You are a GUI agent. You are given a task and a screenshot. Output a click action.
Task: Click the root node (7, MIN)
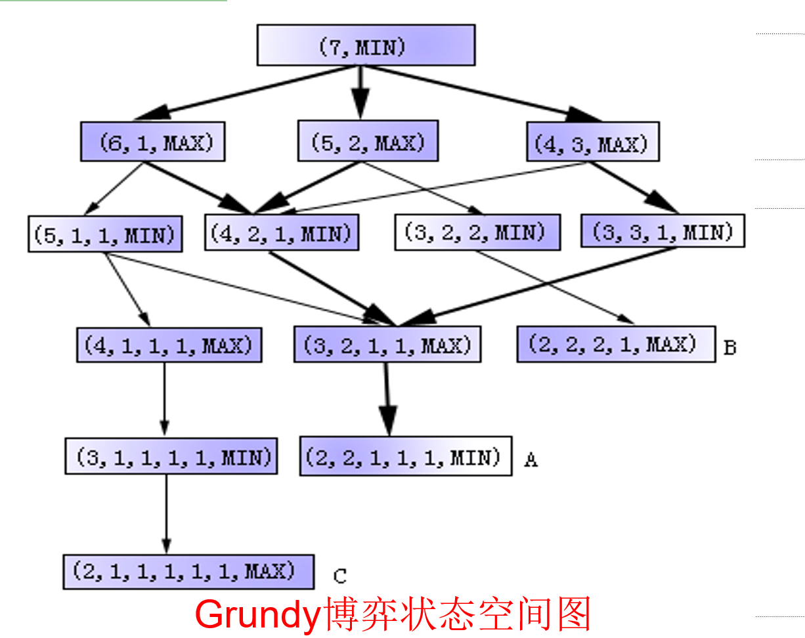click(366, 45)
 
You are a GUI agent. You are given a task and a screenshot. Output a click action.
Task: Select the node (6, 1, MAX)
click(152, 141)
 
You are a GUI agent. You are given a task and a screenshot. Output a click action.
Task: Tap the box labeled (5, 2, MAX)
click(368, 140)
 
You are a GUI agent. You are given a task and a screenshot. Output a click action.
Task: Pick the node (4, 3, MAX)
click(593, 142)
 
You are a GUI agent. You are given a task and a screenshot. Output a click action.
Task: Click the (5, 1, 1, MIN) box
click(105, 234)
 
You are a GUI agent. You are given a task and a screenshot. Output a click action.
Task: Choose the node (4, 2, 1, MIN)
click(282, 232)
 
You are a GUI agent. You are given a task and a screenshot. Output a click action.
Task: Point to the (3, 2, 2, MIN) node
click(477, 232)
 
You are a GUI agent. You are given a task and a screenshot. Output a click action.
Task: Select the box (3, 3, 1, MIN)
click(663, 231)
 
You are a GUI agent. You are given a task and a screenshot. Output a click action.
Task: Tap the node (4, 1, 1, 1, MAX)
click(169, 345)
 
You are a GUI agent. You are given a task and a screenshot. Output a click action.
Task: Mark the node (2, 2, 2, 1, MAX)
click(616, 344)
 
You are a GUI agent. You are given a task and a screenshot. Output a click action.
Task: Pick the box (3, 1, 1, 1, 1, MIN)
click(171, 456)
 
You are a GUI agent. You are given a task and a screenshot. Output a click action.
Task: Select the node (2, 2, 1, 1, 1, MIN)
click(406, 456)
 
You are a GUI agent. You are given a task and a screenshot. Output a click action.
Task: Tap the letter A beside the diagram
click(531, 460)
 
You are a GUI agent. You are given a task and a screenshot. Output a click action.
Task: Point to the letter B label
click(729, 347)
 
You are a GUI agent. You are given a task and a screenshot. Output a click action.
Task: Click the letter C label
click(339, 576)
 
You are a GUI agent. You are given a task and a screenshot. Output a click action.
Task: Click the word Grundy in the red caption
click(256, 614)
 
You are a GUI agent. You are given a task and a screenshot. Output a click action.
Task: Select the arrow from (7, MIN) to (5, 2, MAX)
click(360, 93)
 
